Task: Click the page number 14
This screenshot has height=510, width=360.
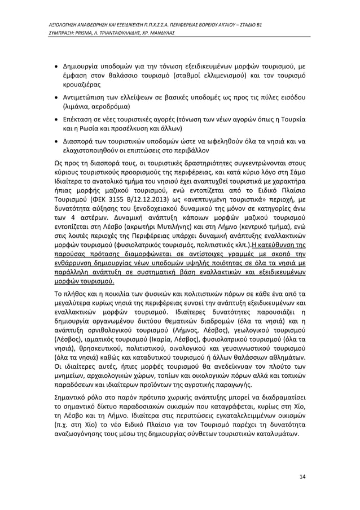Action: (x=302, y=477)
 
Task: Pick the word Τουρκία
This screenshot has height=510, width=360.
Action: (x=288, y=121)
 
